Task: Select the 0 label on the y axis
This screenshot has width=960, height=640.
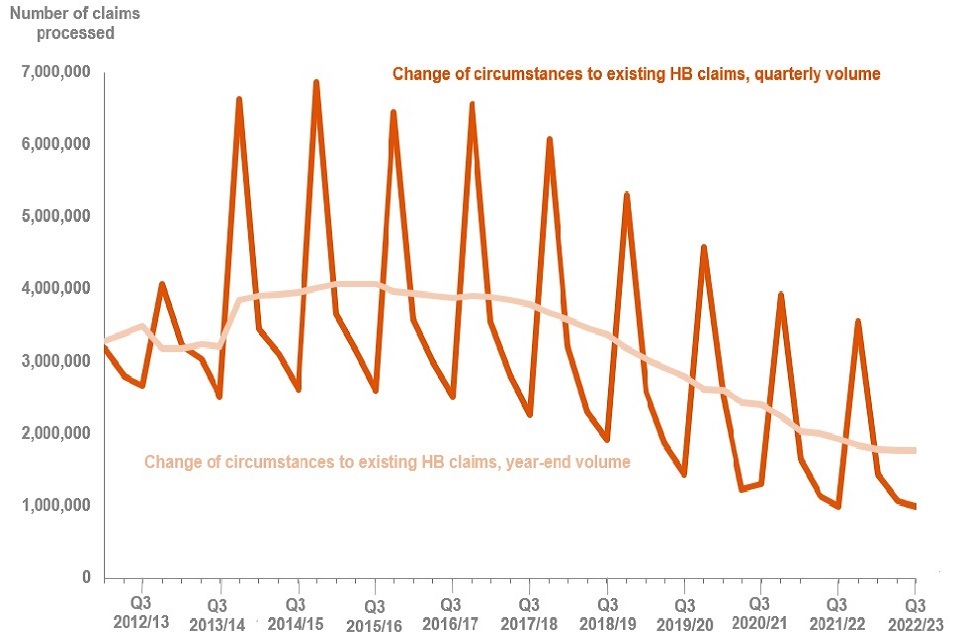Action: tap(85, 578)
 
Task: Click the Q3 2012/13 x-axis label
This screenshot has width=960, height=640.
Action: tap(141, 613)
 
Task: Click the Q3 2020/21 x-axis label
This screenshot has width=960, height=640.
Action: tap(760, 613)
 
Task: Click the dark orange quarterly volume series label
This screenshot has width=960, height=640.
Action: tap(636, 74)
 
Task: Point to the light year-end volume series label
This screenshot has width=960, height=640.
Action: tap(387, 462)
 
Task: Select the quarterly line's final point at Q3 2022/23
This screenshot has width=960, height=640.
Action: tap(915, 507)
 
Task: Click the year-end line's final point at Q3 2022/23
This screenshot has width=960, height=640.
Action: tap(915, 450)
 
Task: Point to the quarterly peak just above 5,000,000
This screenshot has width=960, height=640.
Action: tap(626, 194)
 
